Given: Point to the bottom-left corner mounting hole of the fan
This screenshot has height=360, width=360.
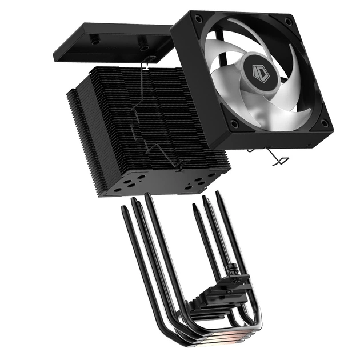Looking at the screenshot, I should pyautogui.click(x=234, y=124).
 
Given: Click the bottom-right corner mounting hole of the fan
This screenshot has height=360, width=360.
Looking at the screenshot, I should pyautogui.click(x=324, y=122).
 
